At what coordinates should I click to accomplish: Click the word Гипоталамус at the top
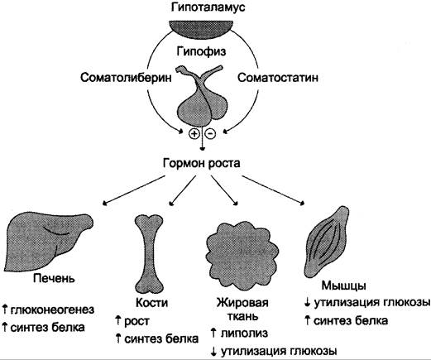208,7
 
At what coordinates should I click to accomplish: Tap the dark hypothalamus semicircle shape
202,29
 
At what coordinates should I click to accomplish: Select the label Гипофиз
201,51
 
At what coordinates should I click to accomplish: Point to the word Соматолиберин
126,78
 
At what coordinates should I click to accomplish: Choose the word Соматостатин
278,78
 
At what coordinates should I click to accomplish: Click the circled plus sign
194,134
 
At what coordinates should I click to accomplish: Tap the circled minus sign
210,134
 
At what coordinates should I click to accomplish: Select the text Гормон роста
202,163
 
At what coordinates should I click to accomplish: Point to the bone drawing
149,254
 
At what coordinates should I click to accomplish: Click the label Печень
54,278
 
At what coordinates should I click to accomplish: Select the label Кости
152,303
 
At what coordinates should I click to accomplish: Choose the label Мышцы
343,286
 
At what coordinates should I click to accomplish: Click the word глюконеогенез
52,310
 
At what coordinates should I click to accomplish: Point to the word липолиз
244,334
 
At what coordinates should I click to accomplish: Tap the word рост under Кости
136,322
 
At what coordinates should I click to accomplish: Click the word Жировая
242,303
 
